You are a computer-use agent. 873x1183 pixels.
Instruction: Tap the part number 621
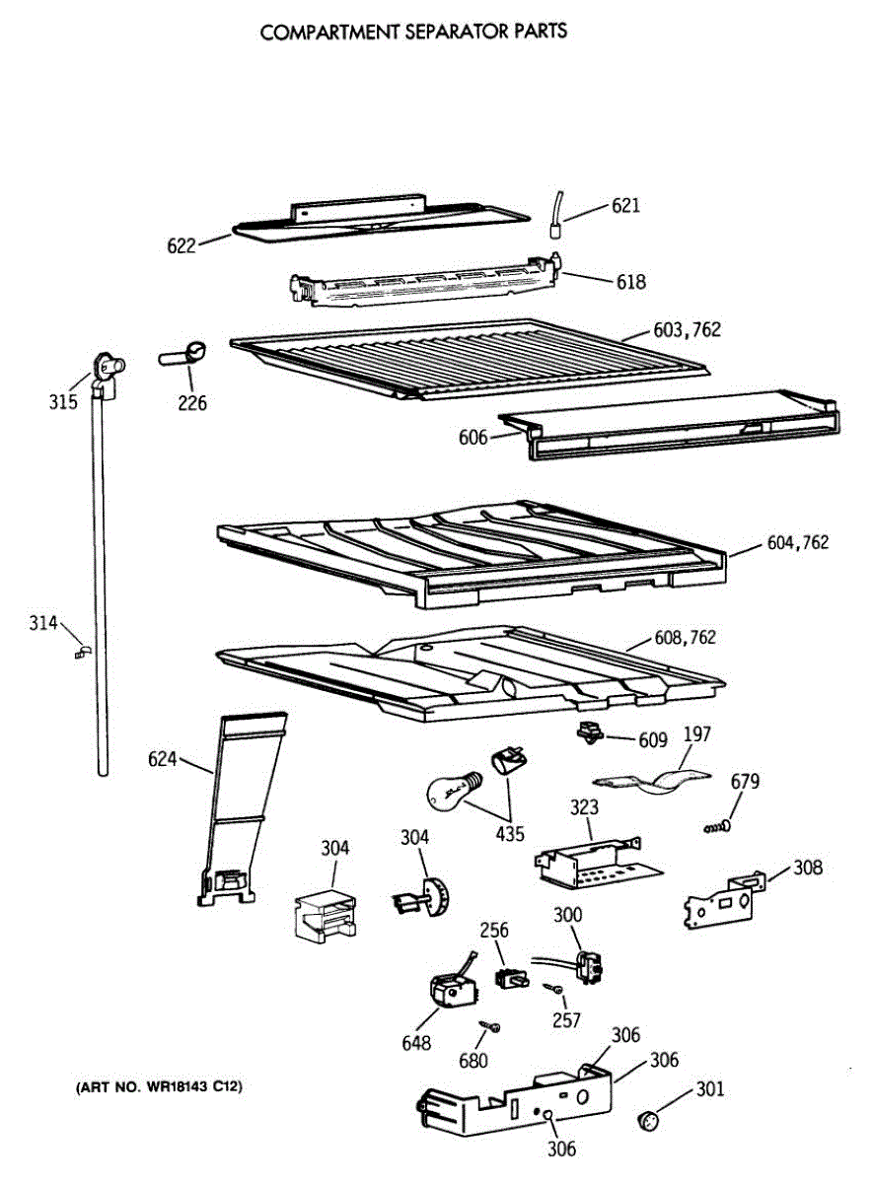pyautogui.click(x=625, y=206)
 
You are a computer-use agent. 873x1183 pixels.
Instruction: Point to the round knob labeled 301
pyautogui.click(x=647, y=1119)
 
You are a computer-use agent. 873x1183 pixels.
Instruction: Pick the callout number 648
pyautogui.click(x=416, y=1043)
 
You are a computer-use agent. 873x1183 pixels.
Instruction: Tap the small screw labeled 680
pyautogui.click(x=490, y=1027)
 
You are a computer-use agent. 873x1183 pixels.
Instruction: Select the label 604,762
pyautogui.click(x=797, y=542)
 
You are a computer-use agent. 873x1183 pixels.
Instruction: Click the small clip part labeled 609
pyautogui.click(x=589, y=731)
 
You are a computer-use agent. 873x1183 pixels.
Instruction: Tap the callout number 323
pyautogui.click(x=584, y=807)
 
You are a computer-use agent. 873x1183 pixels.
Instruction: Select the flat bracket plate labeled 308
pyautogui.click(x=721, y=898)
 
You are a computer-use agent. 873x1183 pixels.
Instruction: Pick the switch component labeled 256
pyautogui.click(x=510, y=977)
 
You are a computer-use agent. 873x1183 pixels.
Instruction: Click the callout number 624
pyautogui.click(x=163, y=759)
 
